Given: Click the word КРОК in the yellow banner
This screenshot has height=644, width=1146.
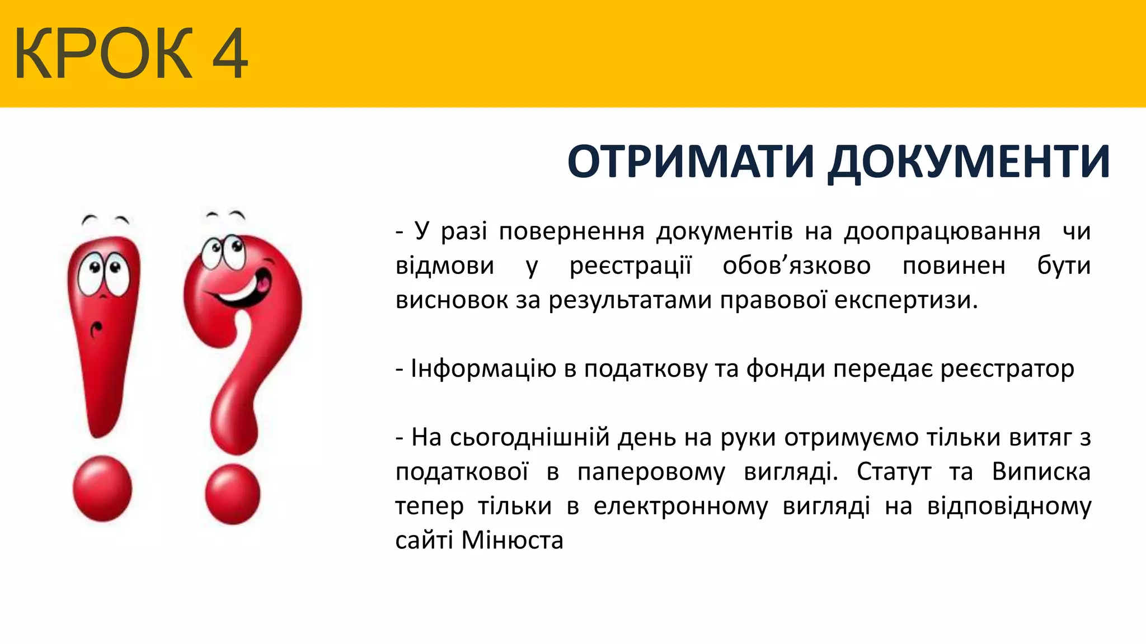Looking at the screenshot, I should pyautogui.click(x=104, y=54).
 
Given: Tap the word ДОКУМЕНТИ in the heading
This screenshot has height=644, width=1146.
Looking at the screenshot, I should pyautogui.click(x=969, y=162).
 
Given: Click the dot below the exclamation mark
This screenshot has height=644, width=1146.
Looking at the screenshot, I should pyautogui.click(x=102, y=489).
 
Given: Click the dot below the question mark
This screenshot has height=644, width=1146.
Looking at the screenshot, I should pyautogui.click(x=233, y=494).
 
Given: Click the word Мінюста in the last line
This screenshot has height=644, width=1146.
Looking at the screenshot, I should pyautogui.click(x=512, y=541).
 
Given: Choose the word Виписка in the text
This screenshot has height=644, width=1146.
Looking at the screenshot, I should pyautogui.click(x=1041, y=472).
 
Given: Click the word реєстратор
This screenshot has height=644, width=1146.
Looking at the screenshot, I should pyautogui.click(x=1007, y=369).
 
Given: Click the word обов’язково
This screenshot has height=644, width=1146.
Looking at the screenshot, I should pyautogui.click(x=796, y=266).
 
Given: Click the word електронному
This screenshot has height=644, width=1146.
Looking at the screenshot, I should pyautogui.click(x=680, y=506).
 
